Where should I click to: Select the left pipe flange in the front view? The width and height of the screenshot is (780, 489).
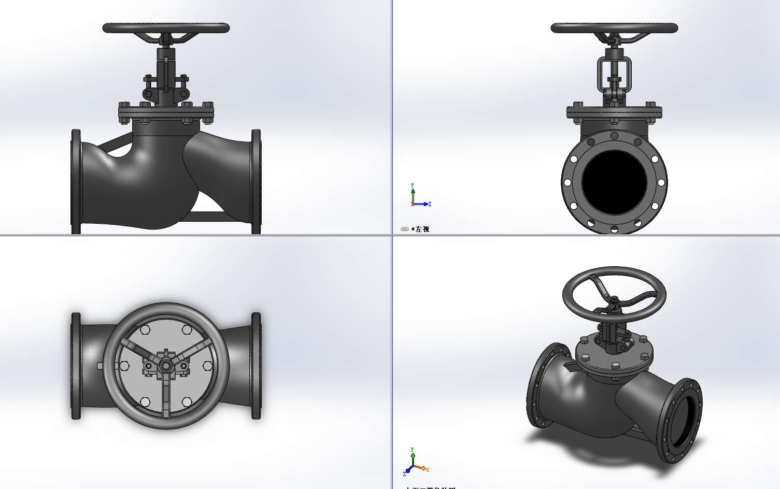coord(76,181)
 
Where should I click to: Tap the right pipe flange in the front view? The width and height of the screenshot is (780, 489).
coord(256,181)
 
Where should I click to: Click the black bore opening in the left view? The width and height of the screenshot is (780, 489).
coord(614,182)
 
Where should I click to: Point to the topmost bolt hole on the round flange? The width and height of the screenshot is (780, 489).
coord(614,136)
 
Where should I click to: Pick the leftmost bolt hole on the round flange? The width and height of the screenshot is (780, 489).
coord(568,182)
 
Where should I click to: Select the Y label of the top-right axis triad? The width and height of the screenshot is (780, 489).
coord(413,185)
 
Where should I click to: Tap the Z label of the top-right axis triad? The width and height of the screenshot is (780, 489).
coord(430,204)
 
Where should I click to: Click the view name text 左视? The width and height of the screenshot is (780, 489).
coord(422,229)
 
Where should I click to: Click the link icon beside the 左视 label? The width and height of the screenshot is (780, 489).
coord(405,229)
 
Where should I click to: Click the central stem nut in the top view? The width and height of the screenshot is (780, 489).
coord(166,366)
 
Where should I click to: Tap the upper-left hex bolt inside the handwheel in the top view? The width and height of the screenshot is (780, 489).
coord(145,329)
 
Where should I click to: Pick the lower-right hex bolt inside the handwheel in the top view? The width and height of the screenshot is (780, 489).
coord(187,402)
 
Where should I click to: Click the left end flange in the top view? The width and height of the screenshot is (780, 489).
coord(76,366)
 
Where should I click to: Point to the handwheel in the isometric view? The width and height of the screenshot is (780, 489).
coord(614,293)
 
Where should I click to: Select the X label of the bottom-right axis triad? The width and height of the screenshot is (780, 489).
coord(428,470)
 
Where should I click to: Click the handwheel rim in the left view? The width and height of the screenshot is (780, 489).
coord(614,28)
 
